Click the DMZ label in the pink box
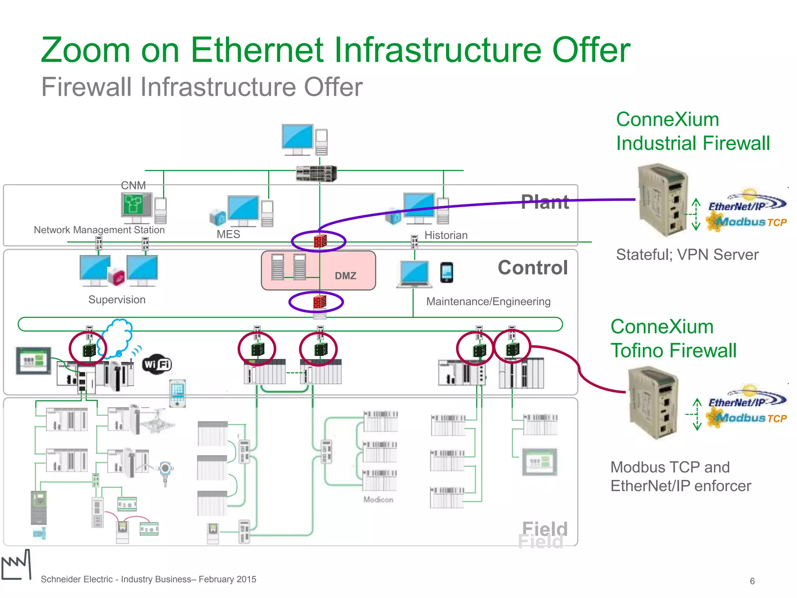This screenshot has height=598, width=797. (345, 276)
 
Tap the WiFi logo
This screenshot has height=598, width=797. (157, 364)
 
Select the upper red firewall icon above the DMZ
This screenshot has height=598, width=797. (320, 241)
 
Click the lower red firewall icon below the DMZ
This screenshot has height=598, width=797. (320, 302)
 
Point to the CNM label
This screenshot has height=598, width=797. (133, 185)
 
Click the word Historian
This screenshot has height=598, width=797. (446, 235)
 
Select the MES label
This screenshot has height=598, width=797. (228, 234)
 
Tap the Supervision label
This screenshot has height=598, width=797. (117, 300)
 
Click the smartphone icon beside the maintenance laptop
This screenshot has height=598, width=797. (446, 273)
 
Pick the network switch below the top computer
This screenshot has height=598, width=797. (316, 174)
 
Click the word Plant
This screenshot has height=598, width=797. (545, 202)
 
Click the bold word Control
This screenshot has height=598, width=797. (533, 268)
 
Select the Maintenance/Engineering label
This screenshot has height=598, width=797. (488, 301)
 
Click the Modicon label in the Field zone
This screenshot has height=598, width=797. (378, 500)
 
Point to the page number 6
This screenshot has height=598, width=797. (752, 581)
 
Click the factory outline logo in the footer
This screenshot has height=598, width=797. (16, 565)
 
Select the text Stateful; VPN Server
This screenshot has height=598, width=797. (687, 255)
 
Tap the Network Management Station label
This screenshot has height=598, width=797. (99, 230)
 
